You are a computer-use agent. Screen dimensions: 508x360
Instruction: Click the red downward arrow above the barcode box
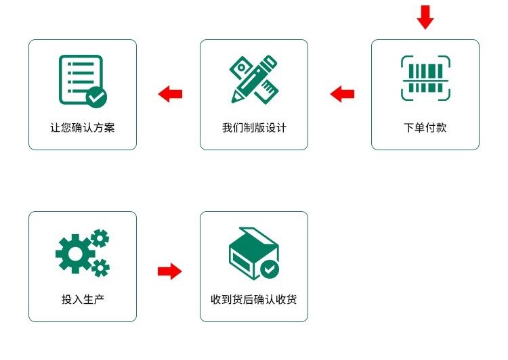(x=425, y=17)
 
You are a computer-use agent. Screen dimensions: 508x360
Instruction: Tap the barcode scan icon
(x=425, y=78)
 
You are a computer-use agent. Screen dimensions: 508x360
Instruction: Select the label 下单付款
(x=425, y=127)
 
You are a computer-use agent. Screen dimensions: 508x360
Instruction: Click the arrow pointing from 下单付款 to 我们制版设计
(x=342, y=94)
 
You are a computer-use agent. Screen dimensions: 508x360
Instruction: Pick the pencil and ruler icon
(x=253, y=78)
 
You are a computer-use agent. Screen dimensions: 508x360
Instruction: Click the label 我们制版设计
(x=254, y=127)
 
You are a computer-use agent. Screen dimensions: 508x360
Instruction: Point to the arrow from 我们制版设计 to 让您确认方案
(x=170, y=94)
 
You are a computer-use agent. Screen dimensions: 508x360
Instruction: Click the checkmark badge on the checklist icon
(x=97, y=97)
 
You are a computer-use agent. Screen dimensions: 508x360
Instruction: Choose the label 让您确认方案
(x=83, y=127)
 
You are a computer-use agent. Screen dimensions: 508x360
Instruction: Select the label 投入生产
(x=83, y=299)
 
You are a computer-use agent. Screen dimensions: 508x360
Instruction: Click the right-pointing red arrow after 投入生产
(x=169, y=272)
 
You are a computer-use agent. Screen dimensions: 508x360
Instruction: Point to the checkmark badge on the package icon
(x=270, y=269)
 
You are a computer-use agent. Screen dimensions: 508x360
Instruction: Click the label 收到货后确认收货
(x=254, y=299)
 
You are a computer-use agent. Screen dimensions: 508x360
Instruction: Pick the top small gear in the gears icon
(x=100, y=238)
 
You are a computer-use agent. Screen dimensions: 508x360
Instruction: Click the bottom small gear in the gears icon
(x=100, y=267)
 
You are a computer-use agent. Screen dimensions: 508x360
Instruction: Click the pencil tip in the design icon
(x=234, y=99)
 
